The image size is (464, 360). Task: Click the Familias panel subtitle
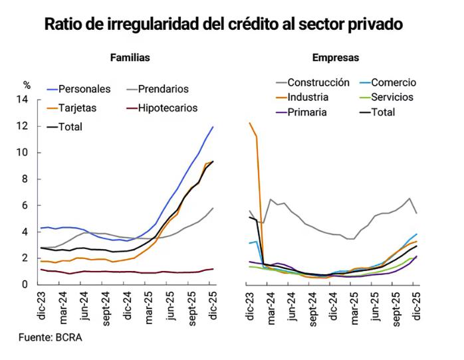tap(130, 58)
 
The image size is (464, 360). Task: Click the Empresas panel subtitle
tap(336, 58)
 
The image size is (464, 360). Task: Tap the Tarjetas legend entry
tap(78, 108)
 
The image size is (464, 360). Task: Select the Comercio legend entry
tap(394, 83)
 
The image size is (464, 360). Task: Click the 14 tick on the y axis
tap(23, 100)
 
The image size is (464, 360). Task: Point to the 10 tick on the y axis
tap(23, 153)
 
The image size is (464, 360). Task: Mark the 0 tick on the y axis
tap(25, 285)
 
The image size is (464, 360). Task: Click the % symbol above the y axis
tap(27, 85)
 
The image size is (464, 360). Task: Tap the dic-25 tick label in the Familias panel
tap(211, 304)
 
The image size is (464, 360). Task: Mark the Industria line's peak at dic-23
tap(250, 123)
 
